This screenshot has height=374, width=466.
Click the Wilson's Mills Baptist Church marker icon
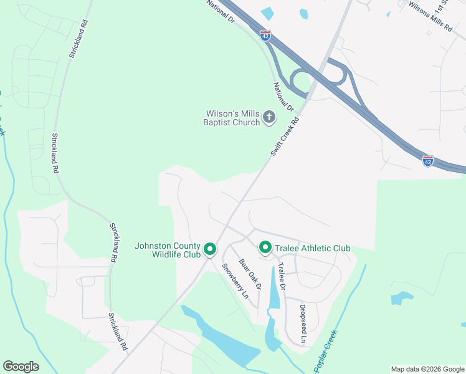(269, 117)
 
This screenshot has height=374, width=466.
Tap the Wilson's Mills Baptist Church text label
(232, 118)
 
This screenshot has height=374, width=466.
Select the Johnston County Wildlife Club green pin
(210, 250)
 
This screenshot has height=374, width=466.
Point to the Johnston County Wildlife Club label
(168, 250)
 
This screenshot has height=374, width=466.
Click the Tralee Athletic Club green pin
(265, 249)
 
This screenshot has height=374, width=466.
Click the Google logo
(21, 367)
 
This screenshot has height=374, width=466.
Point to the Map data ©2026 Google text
(427, 369)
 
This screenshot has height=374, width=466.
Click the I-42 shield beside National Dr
(265, 36)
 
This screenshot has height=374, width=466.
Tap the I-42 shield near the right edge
(427, 160)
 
